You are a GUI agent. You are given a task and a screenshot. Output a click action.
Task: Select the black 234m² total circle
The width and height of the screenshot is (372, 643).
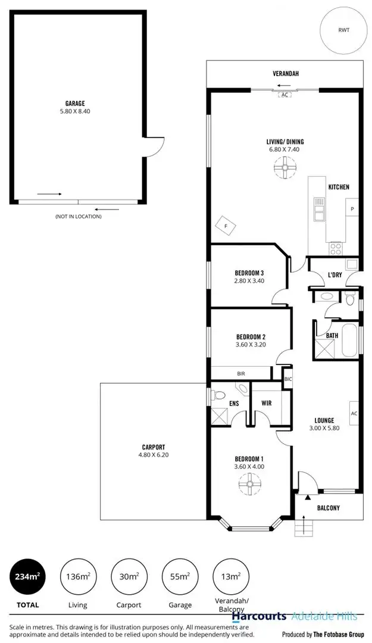[27, 577]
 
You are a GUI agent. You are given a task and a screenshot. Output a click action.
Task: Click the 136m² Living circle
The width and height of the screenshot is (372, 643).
[78, 577]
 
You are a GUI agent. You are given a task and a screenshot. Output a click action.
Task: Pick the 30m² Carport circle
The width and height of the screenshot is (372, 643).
[129, 577]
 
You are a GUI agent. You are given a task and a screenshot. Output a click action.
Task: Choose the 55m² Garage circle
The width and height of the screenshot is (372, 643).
[180, 577]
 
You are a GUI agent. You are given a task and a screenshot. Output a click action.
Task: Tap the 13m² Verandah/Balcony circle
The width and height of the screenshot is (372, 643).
[231, 577]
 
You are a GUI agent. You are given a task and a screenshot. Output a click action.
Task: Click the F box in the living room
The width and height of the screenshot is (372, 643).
[226, 226]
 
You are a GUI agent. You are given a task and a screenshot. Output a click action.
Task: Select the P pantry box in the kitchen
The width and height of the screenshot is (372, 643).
[352, 208]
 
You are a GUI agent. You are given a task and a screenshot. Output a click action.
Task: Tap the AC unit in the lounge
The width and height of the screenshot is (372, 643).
[354, 413]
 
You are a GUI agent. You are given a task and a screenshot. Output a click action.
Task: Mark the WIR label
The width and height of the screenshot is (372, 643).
[267, 403]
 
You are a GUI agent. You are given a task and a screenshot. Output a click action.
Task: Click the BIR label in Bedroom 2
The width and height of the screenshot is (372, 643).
[240, 373]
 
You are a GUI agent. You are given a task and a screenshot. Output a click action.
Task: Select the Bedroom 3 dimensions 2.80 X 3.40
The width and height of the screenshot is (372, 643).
[249, 281]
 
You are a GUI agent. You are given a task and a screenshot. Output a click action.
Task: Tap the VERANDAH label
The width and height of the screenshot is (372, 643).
[285, 74]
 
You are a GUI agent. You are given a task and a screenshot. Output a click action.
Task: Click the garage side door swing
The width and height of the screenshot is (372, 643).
[154, 146]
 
